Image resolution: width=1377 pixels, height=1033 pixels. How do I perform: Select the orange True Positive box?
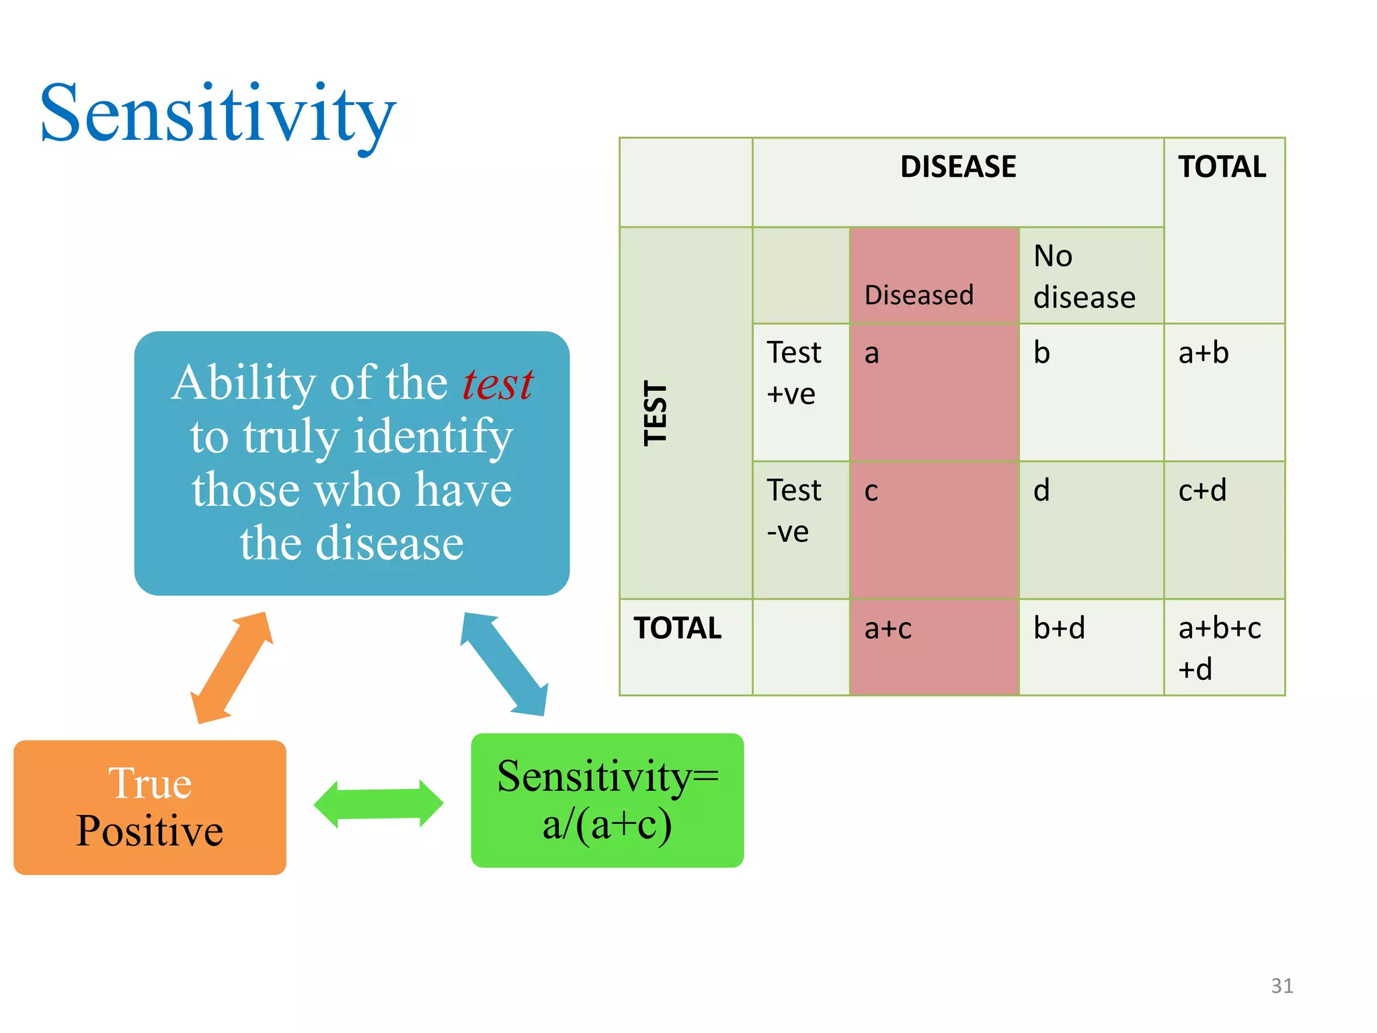click(149, 807)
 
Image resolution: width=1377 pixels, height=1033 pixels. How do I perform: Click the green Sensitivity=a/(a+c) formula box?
click(607, 800)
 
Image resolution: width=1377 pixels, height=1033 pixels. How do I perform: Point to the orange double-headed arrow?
click(232, 667)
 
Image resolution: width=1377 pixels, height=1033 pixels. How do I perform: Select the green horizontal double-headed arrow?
click(379, 804)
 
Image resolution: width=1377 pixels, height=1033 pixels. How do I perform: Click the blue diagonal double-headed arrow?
click(504, 664)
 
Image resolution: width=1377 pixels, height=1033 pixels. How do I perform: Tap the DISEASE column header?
click(957, 167)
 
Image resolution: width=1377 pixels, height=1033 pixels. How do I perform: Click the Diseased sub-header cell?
click(933, 276)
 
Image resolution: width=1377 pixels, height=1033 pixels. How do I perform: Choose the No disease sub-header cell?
click(1091, 276)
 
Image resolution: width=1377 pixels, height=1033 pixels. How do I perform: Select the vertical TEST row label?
click(656, 413)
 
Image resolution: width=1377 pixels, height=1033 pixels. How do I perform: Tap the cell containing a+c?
click(933, 646)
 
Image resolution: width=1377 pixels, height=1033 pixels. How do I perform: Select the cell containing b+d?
click(1091, 646)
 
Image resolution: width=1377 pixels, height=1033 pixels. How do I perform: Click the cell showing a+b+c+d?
click(1224, 648)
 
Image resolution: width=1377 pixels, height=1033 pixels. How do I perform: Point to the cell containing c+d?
click(1224, 529)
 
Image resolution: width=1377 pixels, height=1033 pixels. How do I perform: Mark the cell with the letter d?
click(1091, 529)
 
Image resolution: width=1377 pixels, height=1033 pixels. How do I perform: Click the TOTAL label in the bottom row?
click(678, 628)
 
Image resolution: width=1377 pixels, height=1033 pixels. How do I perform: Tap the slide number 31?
click(1282, 985)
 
